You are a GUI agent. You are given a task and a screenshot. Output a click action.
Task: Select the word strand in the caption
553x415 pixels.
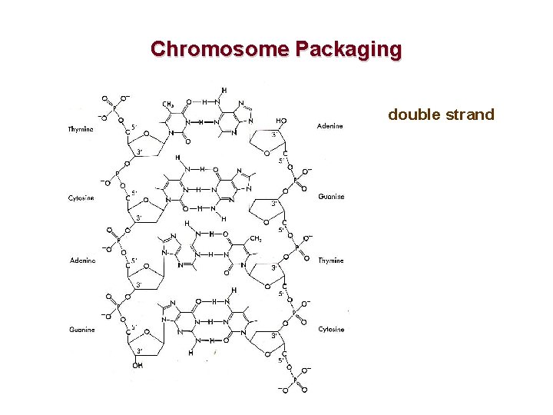pos(470,115)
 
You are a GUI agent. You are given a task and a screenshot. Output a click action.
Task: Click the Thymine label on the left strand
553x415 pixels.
pos(81,129)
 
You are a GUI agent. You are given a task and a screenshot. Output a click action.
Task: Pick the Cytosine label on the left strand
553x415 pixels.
pos(81,198)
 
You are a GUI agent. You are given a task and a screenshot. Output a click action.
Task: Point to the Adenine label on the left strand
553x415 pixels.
pos(82,261)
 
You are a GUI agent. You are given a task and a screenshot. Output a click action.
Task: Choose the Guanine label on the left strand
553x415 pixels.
pos(82,330)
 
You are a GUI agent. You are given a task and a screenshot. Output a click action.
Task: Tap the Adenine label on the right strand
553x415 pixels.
pos(330,126)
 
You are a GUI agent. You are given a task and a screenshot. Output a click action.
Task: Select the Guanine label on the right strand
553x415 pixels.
pos(331,197)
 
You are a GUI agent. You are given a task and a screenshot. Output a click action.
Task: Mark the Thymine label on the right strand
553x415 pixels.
pos(331,261)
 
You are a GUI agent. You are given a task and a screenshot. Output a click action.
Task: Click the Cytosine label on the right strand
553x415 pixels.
pos(331,329)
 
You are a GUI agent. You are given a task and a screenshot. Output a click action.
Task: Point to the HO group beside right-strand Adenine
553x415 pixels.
pos(282,121)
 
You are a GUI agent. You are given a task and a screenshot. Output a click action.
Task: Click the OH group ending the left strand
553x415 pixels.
pos(138,365)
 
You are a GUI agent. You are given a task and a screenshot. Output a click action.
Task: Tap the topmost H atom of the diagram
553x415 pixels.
pos(224,89)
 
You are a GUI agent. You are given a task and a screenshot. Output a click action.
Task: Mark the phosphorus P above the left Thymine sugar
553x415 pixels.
pos(114,109)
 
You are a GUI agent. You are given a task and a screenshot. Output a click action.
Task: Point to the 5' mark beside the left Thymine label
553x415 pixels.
pos(134,127)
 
